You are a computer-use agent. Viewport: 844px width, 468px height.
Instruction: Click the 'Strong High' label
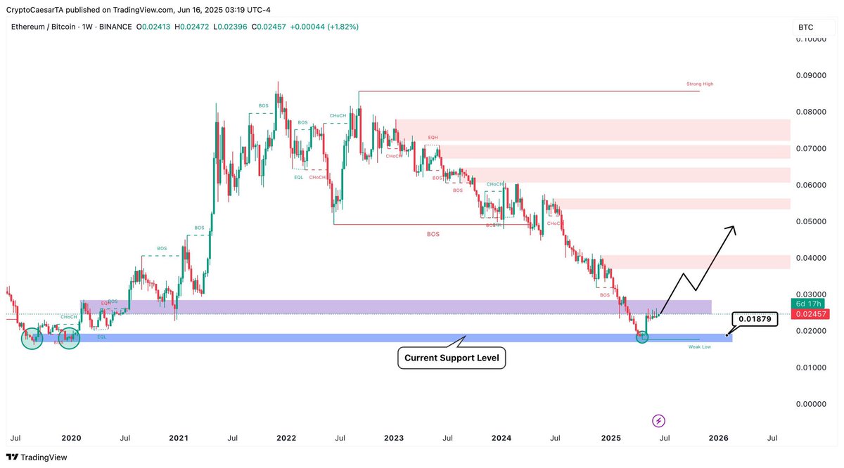tap(699, 84)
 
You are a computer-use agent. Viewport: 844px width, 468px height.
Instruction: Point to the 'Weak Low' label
tap(701, 346)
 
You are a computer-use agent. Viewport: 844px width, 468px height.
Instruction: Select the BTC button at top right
tap(806, 27)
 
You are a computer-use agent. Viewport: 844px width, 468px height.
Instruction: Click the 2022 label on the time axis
tap(286, 438)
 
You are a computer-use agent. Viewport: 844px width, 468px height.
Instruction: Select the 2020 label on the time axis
tap(71, 438)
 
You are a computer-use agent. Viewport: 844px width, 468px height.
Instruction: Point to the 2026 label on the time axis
tap(717, 438)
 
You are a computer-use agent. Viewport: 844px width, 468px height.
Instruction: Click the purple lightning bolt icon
tap(658, 421)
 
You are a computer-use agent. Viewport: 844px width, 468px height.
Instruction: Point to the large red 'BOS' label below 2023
tap(433, 234)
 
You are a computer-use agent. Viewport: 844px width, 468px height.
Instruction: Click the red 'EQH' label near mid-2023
tap(433, 137)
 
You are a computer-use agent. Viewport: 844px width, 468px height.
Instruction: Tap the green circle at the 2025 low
tap(643, 337)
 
